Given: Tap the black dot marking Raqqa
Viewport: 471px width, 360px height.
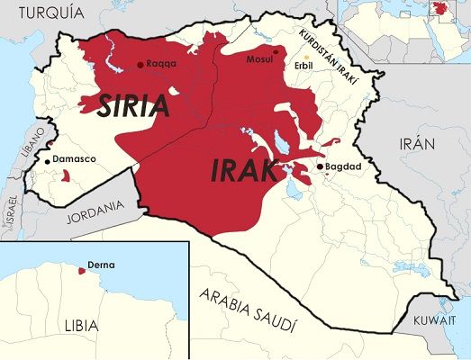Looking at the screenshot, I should pyautogui.click(x=140, y=65).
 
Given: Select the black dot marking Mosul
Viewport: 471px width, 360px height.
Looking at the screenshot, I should pyautogui.click(x=276, y=52).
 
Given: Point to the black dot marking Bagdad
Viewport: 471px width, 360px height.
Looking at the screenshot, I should pyautogui.click(x=320, y=166).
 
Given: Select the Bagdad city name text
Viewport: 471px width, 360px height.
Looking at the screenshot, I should pyautogui.click(x=345, y=167).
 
